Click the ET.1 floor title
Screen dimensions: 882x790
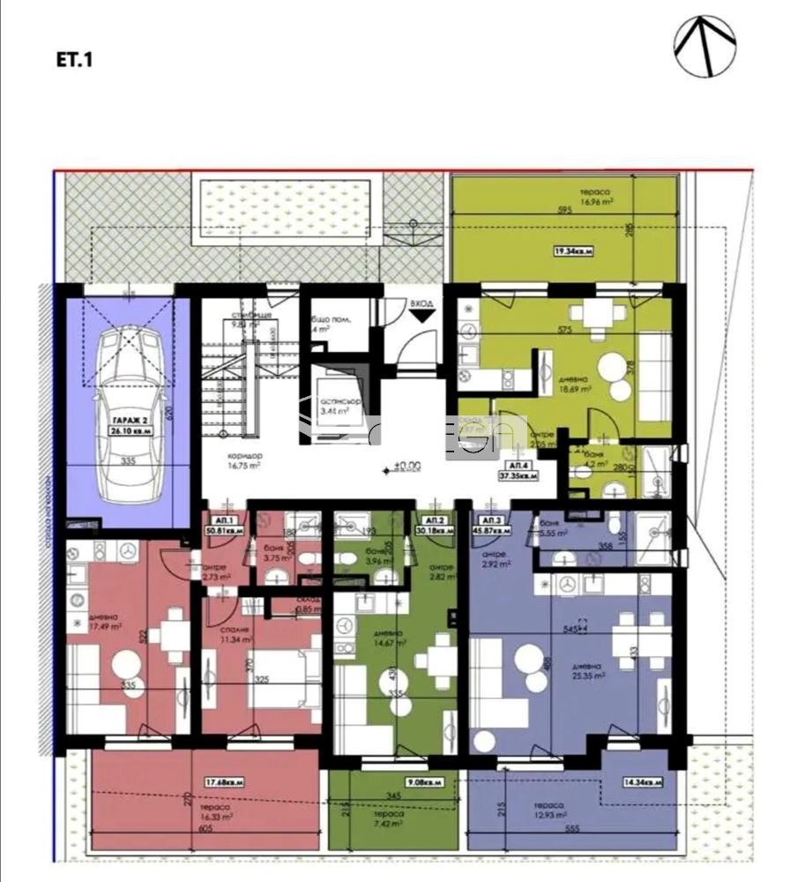click(73, 61)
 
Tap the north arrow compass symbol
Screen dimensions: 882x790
click(704, 47)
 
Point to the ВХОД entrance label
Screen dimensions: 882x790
click(422, 304)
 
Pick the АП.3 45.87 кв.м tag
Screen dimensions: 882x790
click(494, 527)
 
